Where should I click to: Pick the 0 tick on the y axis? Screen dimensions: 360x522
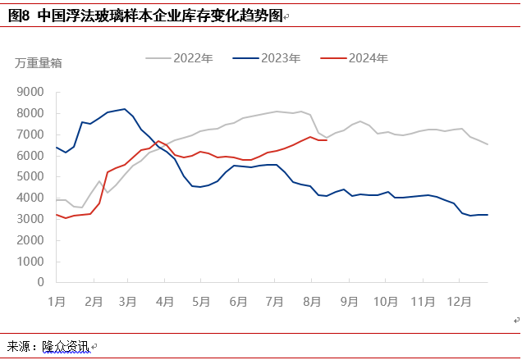point(41,282)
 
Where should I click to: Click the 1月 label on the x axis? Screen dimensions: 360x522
point(57,300)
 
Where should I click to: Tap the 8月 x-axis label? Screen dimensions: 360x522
point(312,300)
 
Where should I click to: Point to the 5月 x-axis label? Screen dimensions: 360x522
point(202,300)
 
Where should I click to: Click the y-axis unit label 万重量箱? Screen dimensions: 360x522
point(38,62)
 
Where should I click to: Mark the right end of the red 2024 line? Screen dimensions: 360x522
point(327,140)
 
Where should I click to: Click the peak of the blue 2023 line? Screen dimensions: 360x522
point(125,109)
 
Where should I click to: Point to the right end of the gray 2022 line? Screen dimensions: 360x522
point(488,144)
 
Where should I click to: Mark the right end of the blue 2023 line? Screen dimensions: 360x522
point(488,215)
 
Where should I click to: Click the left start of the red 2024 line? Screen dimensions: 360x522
point(57,214)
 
